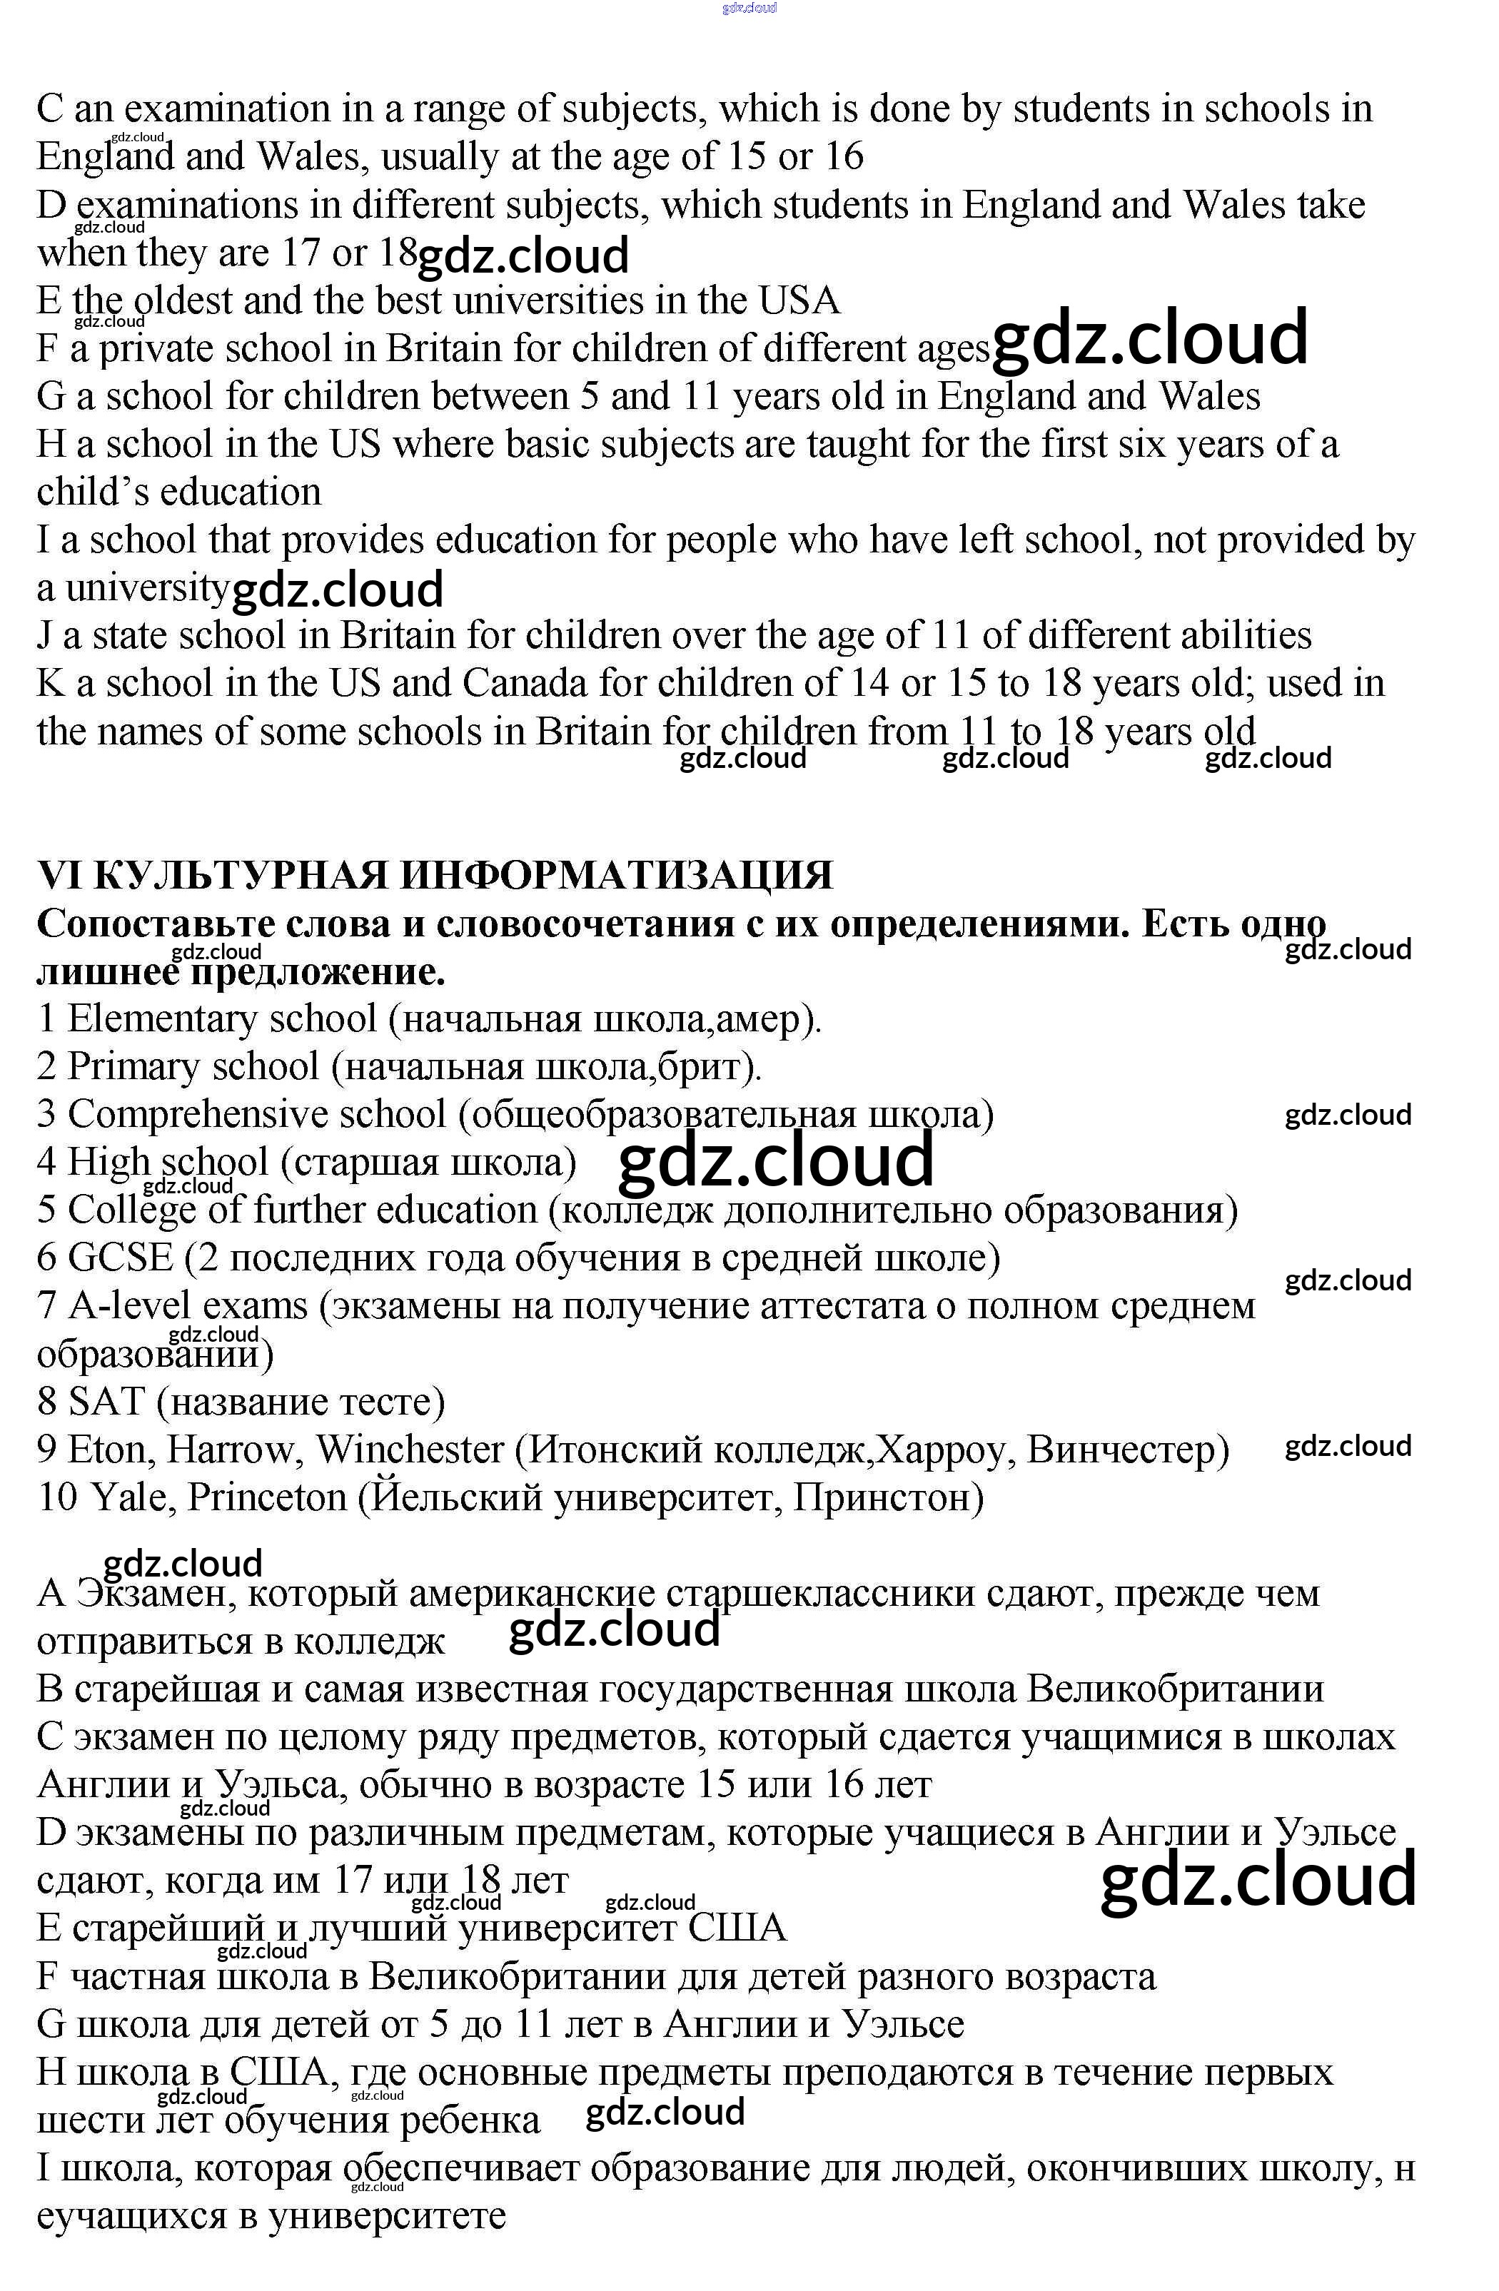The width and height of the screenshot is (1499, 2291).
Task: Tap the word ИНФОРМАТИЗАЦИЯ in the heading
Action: (616, 876)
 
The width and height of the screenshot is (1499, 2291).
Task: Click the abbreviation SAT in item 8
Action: (106, 1402)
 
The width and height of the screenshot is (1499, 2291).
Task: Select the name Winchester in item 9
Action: (410, 1450)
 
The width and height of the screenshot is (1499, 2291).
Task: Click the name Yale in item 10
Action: (128, 1498)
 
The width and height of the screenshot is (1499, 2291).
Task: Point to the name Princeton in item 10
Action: (267, 1498)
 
